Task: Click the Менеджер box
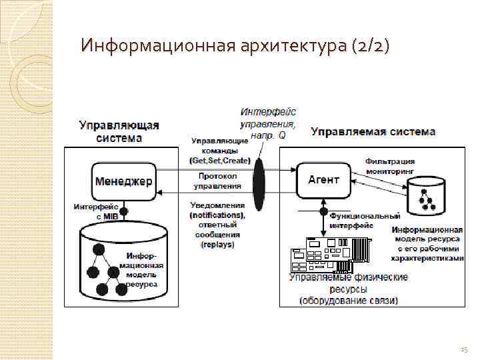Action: point(124,181)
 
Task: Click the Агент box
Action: point(324,179)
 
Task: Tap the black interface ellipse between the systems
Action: point(259,180)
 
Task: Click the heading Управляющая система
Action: point(119,131)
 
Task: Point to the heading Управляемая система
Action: point(373,131)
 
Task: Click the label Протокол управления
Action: point(218,181)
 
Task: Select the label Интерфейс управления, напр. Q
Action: point(269,123)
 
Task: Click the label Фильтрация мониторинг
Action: point(390,166)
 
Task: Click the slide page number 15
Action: point(464,349)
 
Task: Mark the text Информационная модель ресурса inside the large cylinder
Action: point(141,269)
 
